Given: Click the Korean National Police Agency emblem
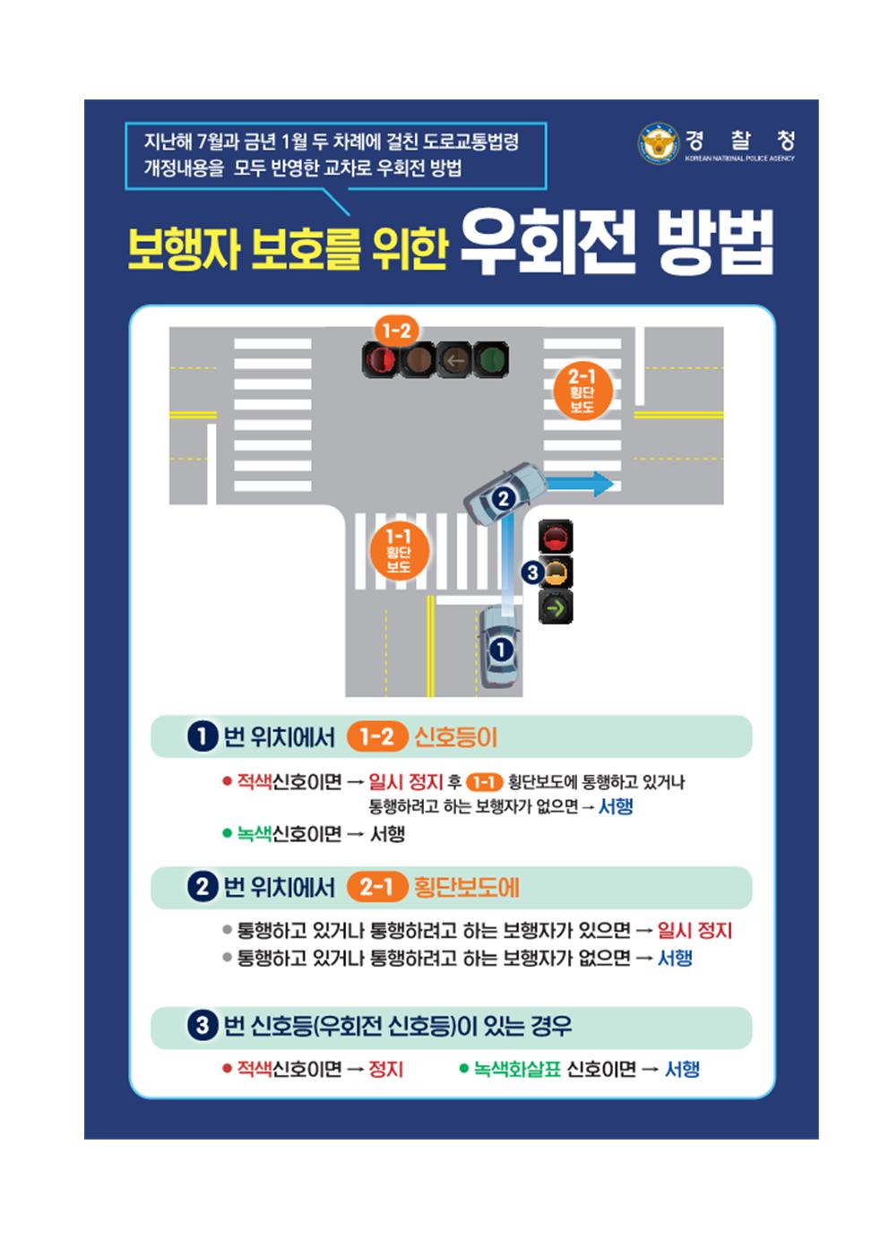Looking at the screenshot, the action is [659, 143].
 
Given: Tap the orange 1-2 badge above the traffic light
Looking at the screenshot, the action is [397, 331].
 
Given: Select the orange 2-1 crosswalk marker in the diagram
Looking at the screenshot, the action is [582, 392].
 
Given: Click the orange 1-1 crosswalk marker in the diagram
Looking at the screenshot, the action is [398, 551].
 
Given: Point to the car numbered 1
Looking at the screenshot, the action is [499, 647].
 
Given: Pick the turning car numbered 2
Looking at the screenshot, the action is [505, 494].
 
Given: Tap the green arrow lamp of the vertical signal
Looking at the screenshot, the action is [555, 607].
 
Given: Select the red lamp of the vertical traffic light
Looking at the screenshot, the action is [556, 537].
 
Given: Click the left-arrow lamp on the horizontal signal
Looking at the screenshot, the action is [454, 359].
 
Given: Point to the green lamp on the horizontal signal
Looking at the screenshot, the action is [491, 359].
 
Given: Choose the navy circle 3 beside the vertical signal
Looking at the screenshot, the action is [531, 573].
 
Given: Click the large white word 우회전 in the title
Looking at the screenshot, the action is [548, 243].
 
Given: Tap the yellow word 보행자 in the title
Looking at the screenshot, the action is [184, 247].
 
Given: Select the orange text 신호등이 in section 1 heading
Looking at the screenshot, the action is [456, 736].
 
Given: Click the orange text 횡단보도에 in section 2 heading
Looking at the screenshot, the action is [466, 887].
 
